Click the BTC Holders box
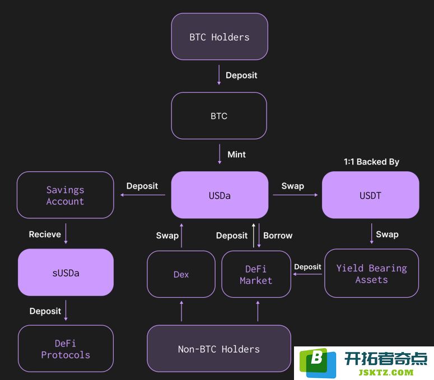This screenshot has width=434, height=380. [220, 36]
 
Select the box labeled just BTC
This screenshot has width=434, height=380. [219, 116]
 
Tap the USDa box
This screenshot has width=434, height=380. [220, 195]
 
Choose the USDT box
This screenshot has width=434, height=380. [370, 195]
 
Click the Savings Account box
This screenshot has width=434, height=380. [66, 195]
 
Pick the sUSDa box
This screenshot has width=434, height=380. [66, 272]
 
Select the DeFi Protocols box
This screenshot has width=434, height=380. [66, 349]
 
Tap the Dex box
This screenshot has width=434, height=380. [181, 274]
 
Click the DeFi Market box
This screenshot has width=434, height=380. [256, 274]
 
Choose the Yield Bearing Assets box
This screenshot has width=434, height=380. [371, 273]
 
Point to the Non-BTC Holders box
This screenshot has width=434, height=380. [219, 349]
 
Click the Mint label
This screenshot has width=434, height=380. [236, 154]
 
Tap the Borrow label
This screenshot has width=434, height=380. [278, 236]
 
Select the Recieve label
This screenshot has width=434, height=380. [45, 234]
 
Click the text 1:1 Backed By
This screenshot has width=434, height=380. [371, 162]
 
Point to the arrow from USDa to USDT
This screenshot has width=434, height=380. [295, 195]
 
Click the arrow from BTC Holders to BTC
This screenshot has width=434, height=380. [219, 74]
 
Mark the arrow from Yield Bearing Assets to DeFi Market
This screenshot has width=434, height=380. [307, 274]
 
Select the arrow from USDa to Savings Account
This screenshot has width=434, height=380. [143, 195]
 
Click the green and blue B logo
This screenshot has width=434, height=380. [318, 363]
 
